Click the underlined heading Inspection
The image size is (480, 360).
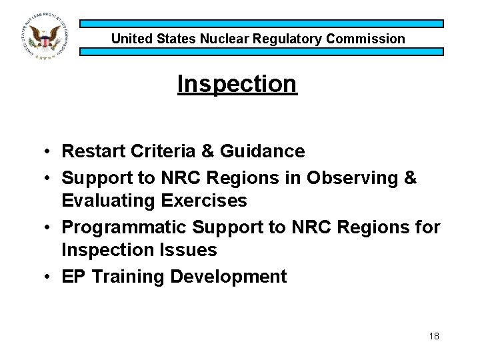pyautogui.click(x=237, y=84)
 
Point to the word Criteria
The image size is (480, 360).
pyautogui.click(x=155, y=152)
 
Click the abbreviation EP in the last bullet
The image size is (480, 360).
pyautogui.click(x=73, y=277)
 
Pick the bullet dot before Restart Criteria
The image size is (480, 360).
pyautogui.click(x=49, y=152)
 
